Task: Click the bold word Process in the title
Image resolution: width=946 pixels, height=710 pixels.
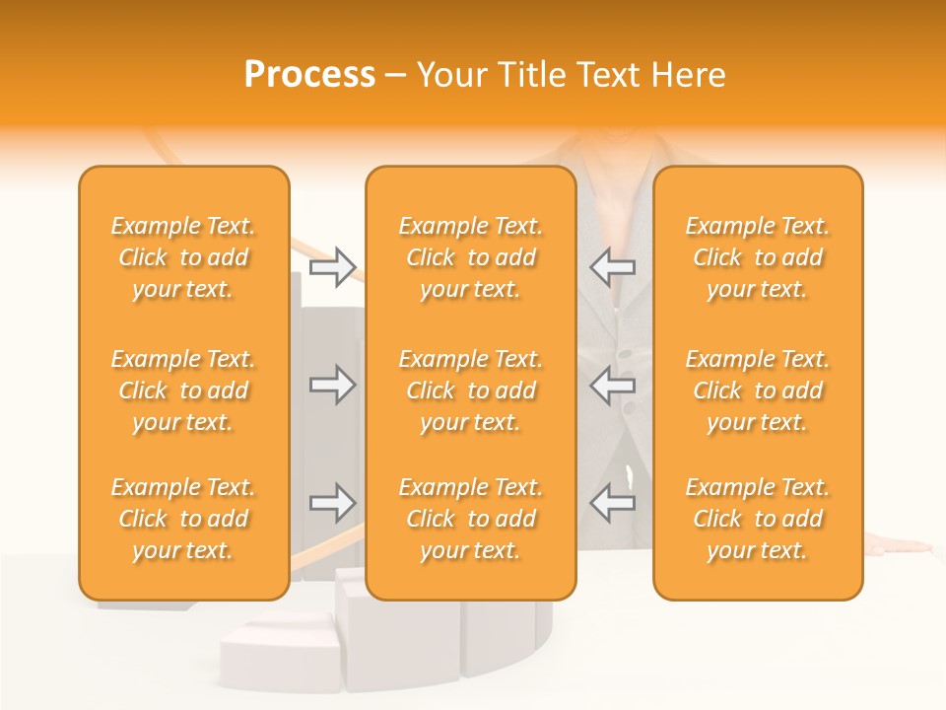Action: [x=309, y=75]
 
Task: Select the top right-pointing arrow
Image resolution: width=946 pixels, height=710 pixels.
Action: [x=332, y=267]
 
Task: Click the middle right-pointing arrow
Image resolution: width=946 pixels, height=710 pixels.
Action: [x=332, y=385]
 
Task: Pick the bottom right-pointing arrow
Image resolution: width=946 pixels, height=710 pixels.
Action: [x=332, y=503]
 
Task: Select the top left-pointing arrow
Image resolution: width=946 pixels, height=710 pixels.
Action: [x=613, y=267]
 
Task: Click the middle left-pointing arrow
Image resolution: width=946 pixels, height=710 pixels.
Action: [x=613, y=385]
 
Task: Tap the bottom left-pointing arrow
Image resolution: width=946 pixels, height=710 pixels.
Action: [x=613, y=503]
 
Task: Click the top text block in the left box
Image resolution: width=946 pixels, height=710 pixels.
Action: [x=183, y=257]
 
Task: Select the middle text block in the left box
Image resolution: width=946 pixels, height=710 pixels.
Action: [x=183, y=390]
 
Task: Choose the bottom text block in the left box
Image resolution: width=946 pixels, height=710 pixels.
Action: [x=183, y=519]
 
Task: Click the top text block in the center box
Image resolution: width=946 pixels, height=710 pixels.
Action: [x=471, y=257]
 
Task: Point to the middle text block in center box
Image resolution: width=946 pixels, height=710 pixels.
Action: [x=471, y=390]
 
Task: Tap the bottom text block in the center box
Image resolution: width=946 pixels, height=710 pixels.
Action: [x=471, y=519]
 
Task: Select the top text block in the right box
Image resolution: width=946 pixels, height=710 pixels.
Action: [x=758, y=257]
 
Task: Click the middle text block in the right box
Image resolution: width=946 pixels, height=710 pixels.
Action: [x=758, y=390]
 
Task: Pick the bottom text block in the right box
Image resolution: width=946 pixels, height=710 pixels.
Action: [x=758, y=519]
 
